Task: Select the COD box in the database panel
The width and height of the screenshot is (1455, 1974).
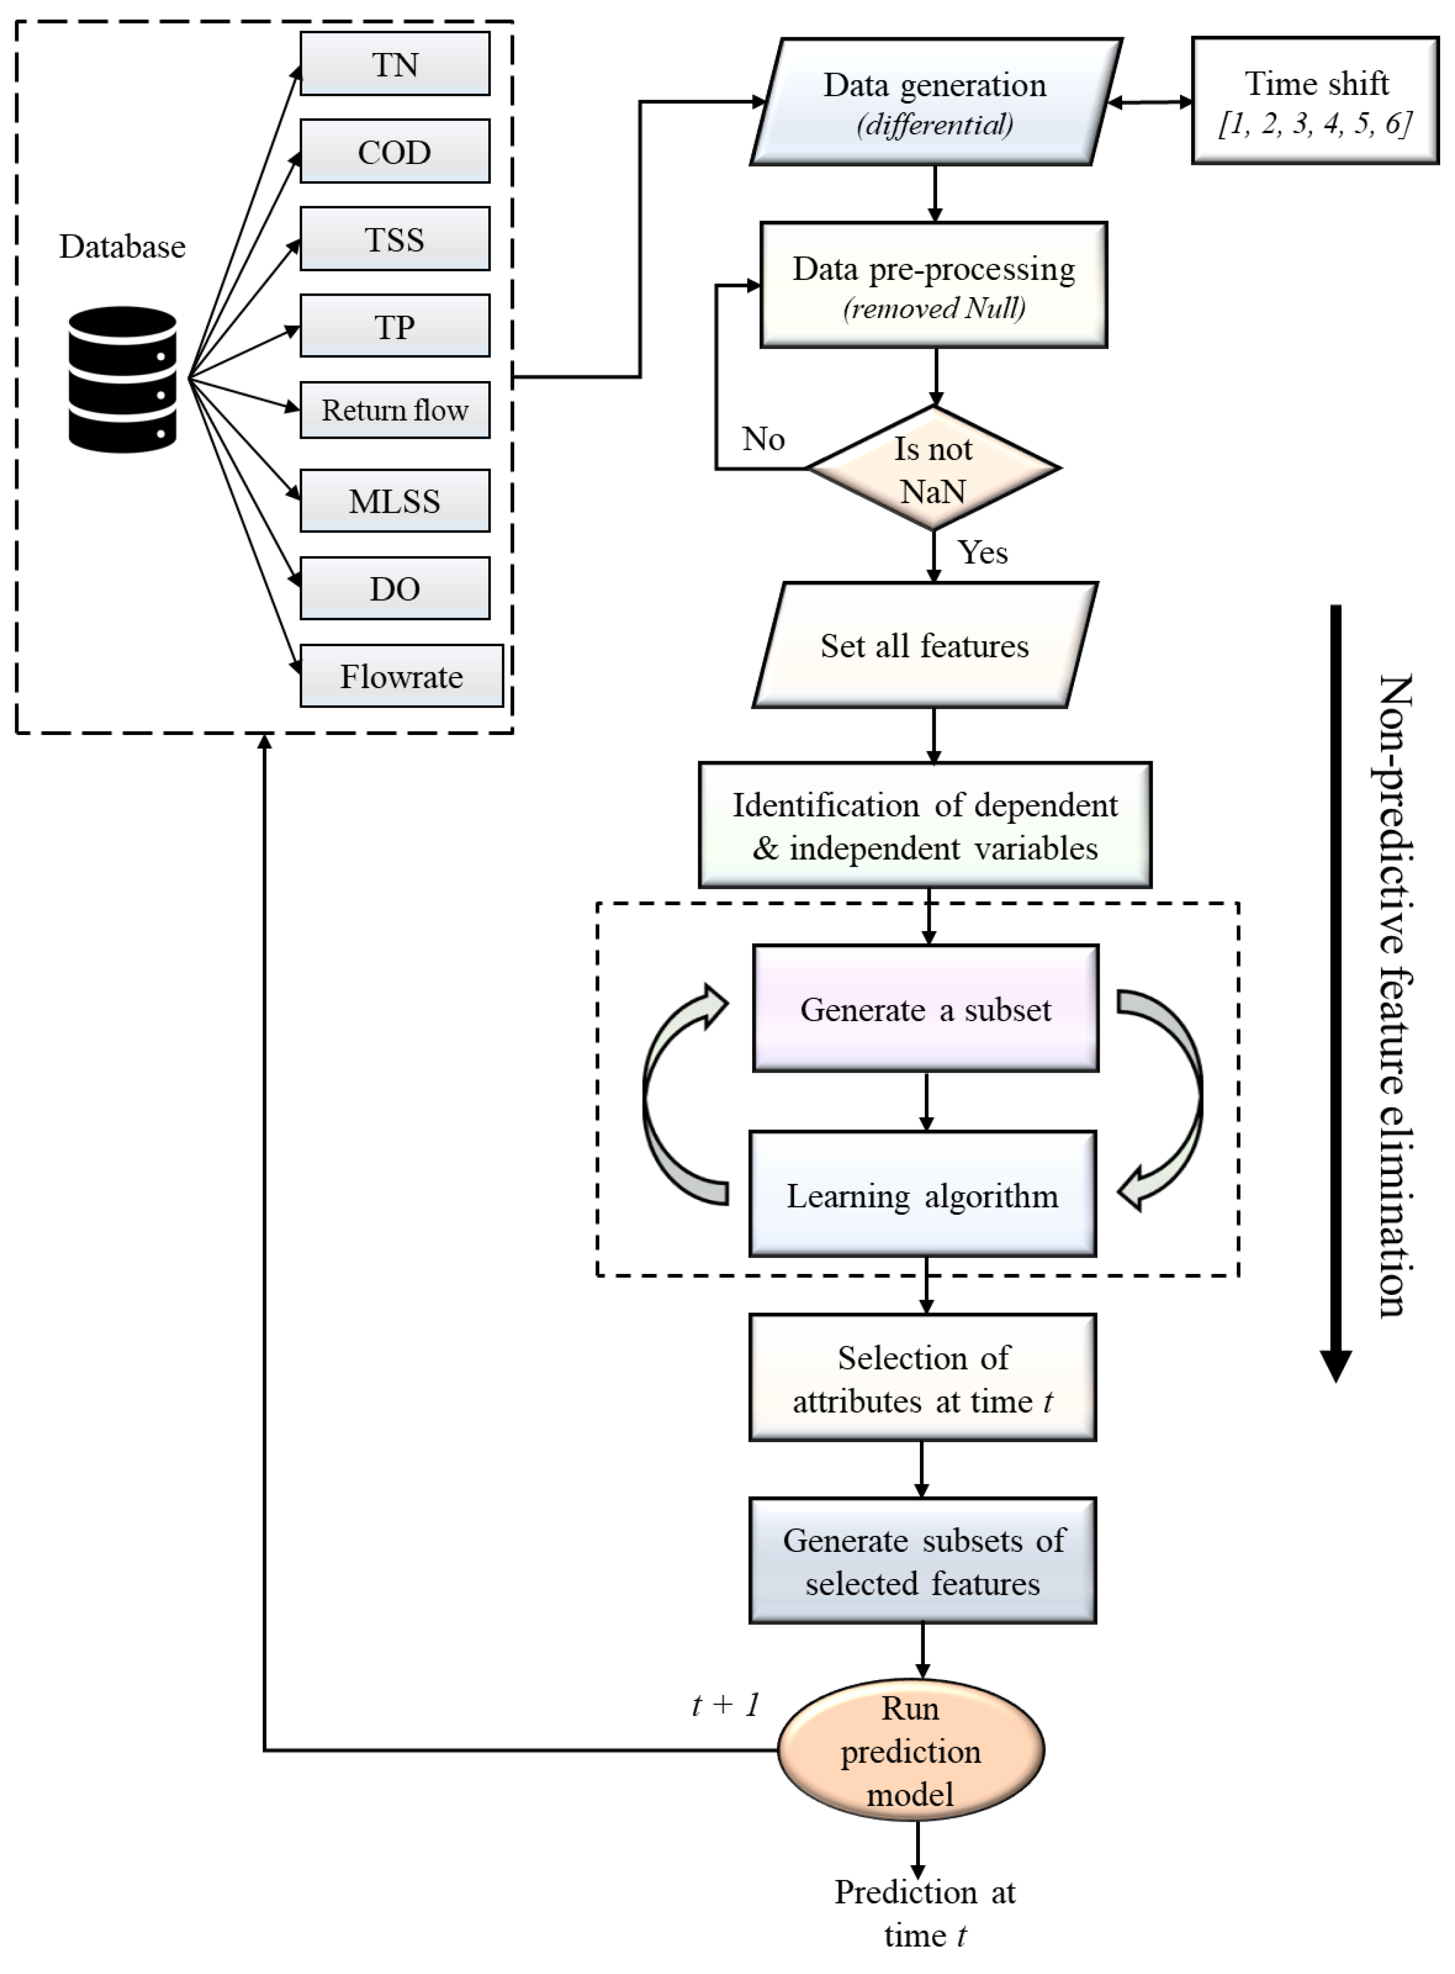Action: pos(394,152)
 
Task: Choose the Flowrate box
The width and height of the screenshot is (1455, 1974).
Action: pos(402,676)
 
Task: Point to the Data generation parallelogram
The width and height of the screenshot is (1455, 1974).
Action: pos(935,102)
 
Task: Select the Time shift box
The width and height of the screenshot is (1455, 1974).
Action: pos(1315,101)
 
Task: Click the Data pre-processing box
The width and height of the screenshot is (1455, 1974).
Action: pos(934,285)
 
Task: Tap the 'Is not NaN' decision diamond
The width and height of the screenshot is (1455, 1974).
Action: pos(934,469)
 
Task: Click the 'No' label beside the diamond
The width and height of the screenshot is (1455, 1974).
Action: pos(763,439)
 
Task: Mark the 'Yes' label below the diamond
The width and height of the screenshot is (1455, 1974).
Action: pos(983,552)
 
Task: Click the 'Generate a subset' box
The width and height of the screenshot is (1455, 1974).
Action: pos(926,1009)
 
